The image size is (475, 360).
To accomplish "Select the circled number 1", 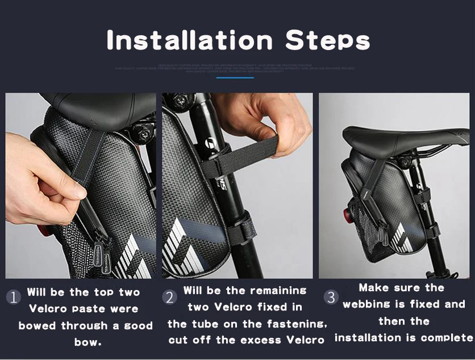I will pos(14,297).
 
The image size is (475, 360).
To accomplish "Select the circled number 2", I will pos(169,297).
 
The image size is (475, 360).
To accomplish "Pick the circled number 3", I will pos(331,297).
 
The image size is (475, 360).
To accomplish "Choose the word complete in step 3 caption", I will pos(445,338).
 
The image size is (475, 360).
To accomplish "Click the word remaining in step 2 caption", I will pos(277,291).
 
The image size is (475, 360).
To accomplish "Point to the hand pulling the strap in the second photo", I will pos(267,117).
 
